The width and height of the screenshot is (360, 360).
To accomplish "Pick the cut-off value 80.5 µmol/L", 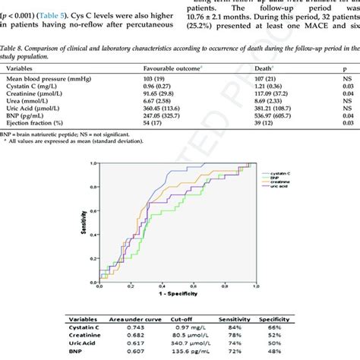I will (x=211, y=338).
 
